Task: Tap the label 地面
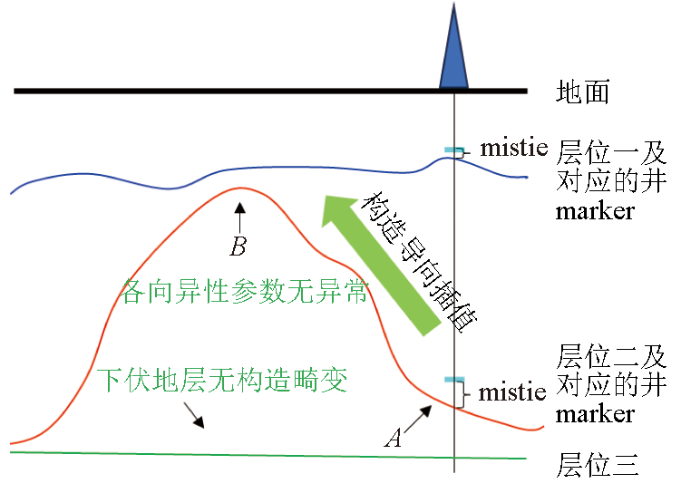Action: point(583,92)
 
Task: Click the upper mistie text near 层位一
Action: point(513,148)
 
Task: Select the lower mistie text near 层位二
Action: point(512,392)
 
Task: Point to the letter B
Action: point(238,246)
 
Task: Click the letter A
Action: point(394,438)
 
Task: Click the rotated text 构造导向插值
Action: point(419,261)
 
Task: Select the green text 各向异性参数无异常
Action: point(245,291)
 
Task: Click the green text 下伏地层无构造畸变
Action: point(222,380)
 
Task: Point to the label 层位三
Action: point(598,464)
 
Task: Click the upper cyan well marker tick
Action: point(454,150)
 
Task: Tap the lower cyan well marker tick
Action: point(454,380)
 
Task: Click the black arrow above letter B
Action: point(239,217)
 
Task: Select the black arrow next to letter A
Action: point(418,419)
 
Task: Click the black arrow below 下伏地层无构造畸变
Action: point(194,415)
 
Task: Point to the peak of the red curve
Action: point(240,188)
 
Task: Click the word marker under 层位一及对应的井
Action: point(595,211)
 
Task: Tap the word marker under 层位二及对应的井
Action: point(595,414)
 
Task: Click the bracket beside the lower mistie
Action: point(464,394)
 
